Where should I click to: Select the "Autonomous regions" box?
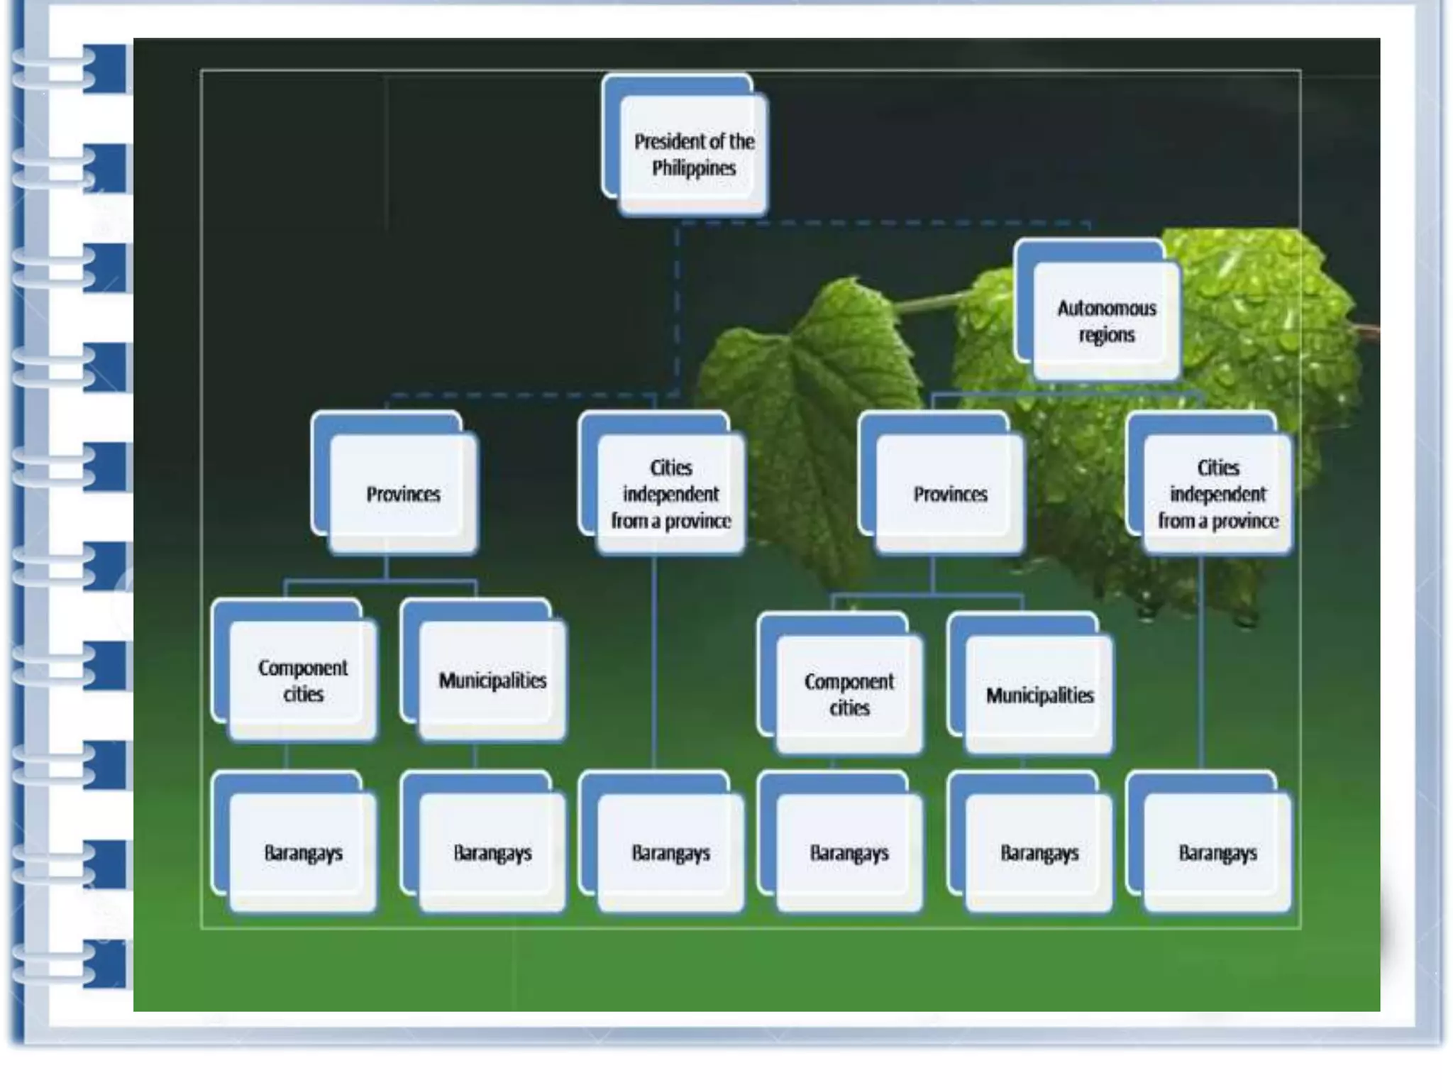[x=1105, y=321]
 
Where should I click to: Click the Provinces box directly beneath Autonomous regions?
[x=949, y=494]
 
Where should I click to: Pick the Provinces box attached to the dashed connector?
[x=402, y=494]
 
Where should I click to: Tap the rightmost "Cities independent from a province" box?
[x=1217, y=494]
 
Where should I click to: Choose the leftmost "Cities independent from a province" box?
[x=670, y=494]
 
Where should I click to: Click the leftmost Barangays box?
[x=303, y=852]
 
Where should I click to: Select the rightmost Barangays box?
[x=1217, y=852]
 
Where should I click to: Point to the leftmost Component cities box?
[x=303, y=680]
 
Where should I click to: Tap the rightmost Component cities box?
[x=849, y=694]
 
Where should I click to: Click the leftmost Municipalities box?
[x=492, y=680]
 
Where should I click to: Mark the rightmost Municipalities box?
[x=1039, y=694]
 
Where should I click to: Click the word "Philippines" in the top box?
[x=694, y=168]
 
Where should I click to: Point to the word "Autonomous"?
[x=1106, y=308]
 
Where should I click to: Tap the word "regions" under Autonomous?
[x=1106, y=334]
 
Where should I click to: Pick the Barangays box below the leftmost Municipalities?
[x=492, y=852]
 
